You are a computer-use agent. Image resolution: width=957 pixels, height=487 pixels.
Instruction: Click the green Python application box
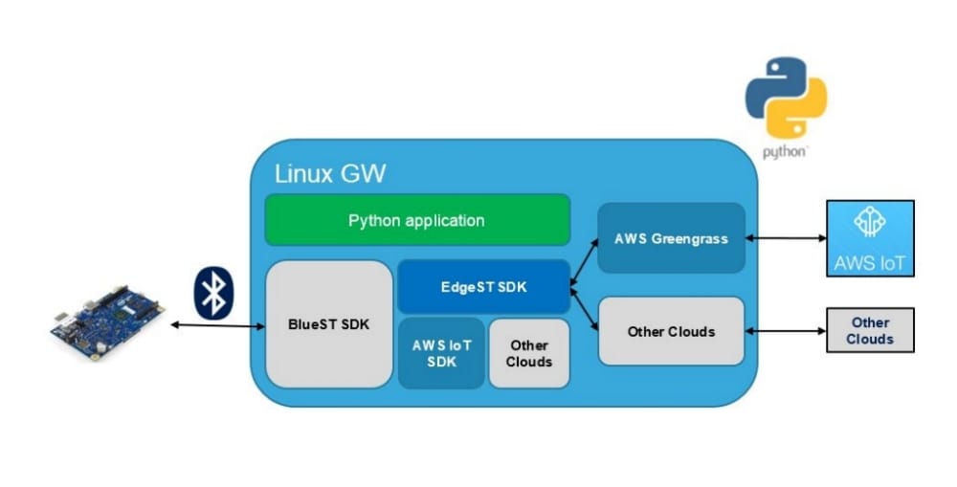click(x=416, y=220)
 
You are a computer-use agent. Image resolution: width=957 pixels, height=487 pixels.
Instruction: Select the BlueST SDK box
click(x=329, y=323)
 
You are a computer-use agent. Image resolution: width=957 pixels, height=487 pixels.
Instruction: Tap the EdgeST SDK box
click(x=482, y=286)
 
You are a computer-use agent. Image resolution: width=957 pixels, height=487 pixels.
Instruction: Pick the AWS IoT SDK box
click(x=440, y=353)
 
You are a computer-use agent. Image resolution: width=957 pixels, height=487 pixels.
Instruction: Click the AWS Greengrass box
click(x=671, y=238)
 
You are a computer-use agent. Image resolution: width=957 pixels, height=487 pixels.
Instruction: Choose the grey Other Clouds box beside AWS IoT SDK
click(x=528, y=353)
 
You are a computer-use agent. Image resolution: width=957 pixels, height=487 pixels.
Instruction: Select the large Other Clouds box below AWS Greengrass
click(x=671, y=331)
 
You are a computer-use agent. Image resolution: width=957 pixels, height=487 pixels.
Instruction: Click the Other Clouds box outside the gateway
click(x=869, y=330)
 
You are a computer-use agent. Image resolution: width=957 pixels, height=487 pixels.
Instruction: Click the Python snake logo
click(x=786, y=97)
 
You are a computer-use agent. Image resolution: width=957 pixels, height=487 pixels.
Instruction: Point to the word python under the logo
click(x=786, y=152)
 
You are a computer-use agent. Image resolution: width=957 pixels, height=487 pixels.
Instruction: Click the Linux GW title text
click(x=330, y=174)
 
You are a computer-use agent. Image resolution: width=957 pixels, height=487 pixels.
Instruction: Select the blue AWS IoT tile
click(x=870, y=238)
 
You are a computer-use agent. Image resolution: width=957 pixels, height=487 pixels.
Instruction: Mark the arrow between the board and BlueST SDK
click(x=217, y=326)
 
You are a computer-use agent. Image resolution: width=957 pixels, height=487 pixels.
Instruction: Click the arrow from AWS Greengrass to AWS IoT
click(x=785, y=238)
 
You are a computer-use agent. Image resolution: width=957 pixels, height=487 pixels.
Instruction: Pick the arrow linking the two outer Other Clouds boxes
click(x=785, y=331)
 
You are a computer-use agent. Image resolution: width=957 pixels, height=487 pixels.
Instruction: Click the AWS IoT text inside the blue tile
click(x=870, y=260)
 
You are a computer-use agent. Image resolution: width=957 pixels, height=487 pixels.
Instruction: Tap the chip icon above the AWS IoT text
click(x=870, y=223)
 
